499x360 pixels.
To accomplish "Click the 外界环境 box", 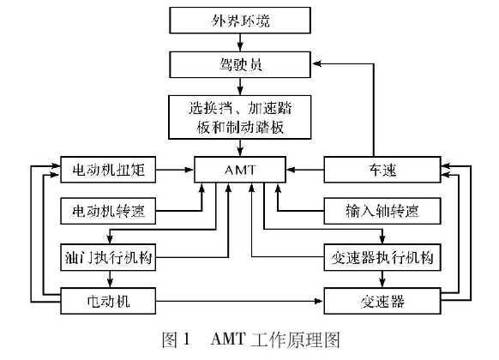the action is (x=240, y=21).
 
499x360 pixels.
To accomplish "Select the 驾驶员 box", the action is (x=240, y=64).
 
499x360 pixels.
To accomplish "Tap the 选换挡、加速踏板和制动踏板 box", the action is (x=239, y=117).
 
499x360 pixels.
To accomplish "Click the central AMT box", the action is (x=240, y=170).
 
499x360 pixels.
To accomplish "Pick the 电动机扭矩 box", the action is (x=108, y=170).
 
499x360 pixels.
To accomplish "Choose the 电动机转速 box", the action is (x=108, y=211).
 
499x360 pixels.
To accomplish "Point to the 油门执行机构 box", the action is (x=108, y=257).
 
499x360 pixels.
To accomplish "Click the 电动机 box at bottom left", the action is (x=108, y=301).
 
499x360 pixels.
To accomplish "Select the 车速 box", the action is (x=382, y=170).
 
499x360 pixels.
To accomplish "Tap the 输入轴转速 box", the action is (x=382, y=211).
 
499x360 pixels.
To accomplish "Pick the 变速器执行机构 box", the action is (x=382, y=257).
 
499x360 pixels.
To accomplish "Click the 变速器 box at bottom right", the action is (x=382, y=301).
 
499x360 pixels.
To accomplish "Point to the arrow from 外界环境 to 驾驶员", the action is (x=240, y=43).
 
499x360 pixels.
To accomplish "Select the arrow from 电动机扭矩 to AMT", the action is (x=175, y=170).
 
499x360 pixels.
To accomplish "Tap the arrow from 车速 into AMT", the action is (x=305, y=170).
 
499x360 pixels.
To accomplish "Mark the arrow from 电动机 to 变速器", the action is (x=239, y=301).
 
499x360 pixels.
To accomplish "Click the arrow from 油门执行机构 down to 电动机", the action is (x=110, y=279).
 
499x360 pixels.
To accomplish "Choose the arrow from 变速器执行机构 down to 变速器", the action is (x=382, y=279).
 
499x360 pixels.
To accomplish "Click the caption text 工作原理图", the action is (x=296, y=339).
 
